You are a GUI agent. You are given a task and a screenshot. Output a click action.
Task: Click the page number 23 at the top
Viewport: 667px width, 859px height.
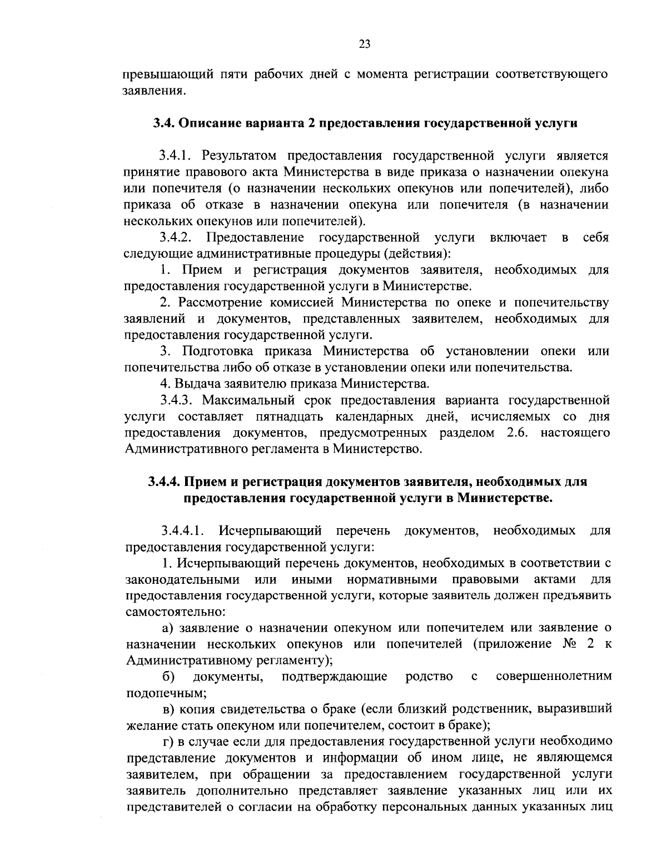[365, 45]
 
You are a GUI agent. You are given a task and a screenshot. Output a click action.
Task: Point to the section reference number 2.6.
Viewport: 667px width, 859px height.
[519, 433]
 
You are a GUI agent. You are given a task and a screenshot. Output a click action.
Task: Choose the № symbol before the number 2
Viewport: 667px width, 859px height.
[561, 644]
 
